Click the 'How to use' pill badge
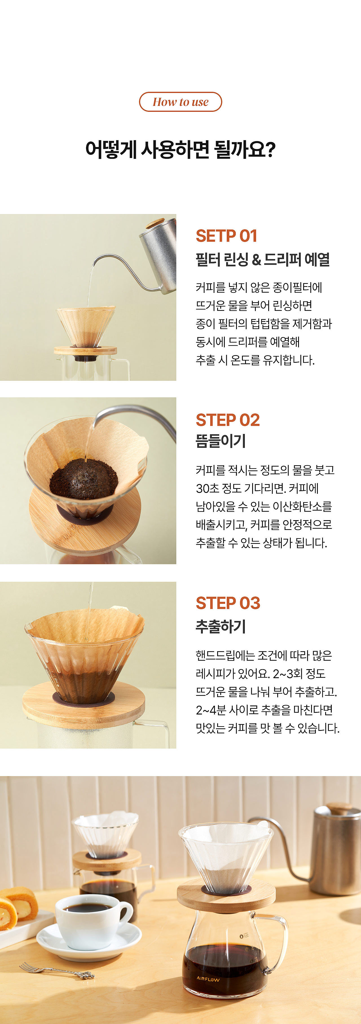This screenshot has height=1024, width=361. (180, 102)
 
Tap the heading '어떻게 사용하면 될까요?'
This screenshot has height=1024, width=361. (180, 150)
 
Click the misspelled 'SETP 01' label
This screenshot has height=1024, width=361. (226, 236)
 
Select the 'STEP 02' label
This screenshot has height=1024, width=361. (228, 420)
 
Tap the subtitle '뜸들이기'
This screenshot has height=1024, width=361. (221, 441)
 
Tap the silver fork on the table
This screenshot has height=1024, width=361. (57, 970)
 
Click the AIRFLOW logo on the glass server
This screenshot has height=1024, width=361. (208, 978)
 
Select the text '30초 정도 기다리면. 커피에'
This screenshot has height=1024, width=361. (257, 488)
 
